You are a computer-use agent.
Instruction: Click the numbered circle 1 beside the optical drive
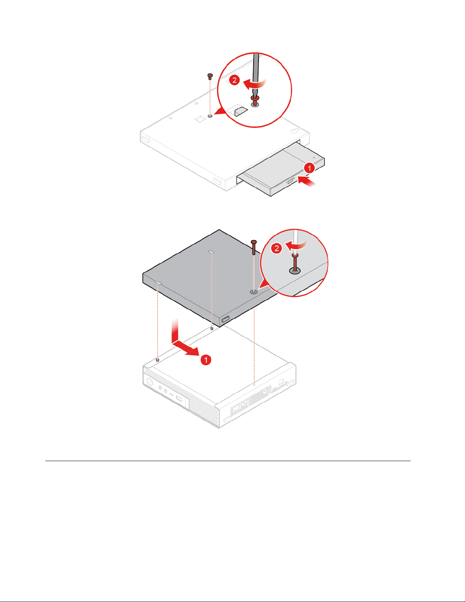309,168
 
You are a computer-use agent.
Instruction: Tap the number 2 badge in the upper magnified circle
235,80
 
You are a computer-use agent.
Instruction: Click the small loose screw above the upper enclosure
210,76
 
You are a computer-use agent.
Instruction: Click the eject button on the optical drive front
290,182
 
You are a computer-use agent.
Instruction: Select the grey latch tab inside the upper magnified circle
241,111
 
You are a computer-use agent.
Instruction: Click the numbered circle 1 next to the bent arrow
206,360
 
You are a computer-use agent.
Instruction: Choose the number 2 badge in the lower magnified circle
276,248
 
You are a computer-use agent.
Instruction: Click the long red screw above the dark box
254,247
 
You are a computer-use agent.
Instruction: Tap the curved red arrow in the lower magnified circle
296,245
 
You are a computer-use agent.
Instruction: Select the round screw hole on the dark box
254,292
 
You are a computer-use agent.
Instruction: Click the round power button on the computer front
150,382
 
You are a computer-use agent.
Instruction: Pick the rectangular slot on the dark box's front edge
225,319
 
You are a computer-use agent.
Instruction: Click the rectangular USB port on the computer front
179,399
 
